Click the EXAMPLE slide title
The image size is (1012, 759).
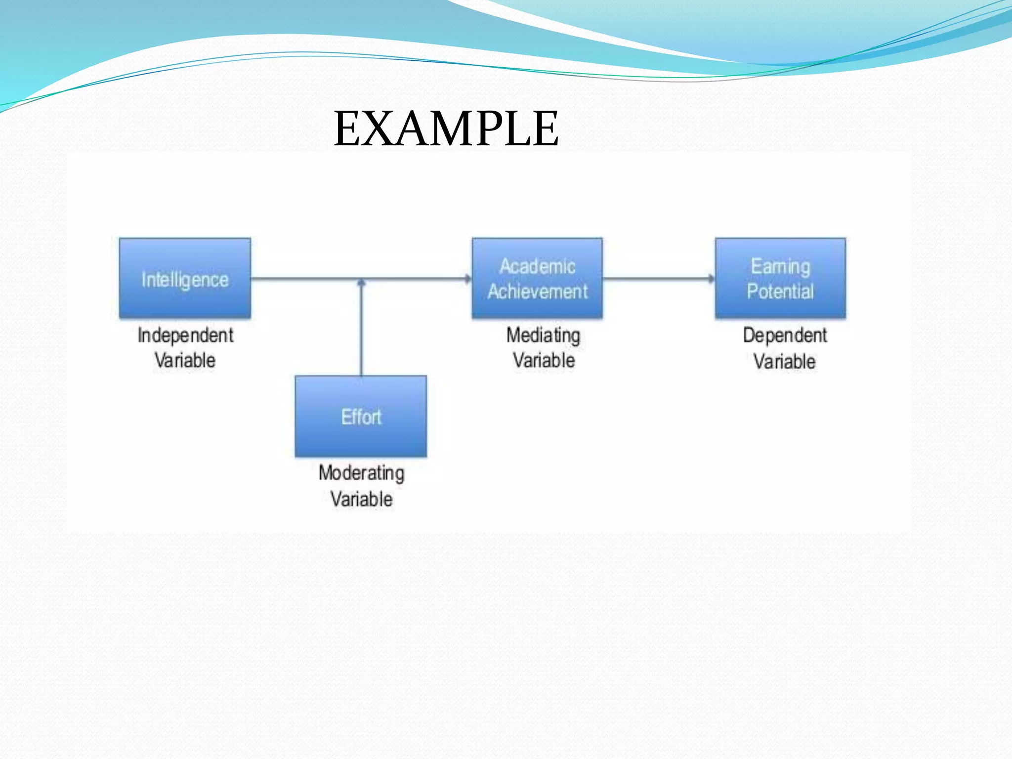(446, 129)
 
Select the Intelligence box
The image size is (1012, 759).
(185, 278)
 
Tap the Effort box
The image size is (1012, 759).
(361, 417)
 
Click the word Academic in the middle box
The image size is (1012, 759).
(537, 266)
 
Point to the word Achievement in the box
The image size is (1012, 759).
(538, 292)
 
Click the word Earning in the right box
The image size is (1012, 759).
(780, 266)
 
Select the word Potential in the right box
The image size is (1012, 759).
(780, 292)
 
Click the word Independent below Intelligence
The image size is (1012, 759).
(185, 336)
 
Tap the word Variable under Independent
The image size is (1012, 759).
(185, 360)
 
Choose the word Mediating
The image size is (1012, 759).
(543, 336)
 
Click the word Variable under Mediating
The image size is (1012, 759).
(544, 360)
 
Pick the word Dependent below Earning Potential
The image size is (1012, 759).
(785, 336)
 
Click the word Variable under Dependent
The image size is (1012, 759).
(784, 361)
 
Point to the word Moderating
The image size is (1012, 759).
(361, 473)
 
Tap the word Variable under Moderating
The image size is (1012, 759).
(361, 499)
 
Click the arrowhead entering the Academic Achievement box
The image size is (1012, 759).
(468, 279)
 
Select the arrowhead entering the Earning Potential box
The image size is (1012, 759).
(711, 279)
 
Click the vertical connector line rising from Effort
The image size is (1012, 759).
(361, 331)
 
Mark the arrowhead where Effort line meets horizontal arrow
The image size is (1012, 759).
(361, 283)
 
